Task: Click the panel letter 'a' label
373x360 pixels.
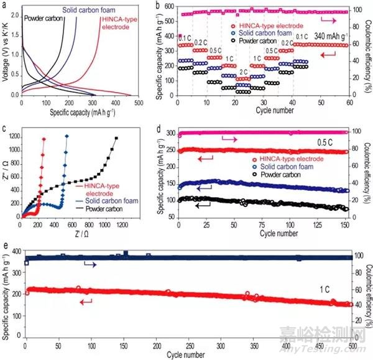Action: point(6,5)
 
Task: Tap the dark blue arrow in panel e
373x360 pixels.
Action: point(90,265)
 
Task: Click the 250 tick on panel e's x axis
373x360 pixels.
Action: point(187,346)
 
